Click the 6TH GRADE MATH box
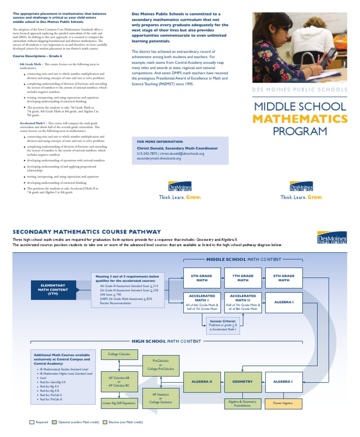pos(202,278)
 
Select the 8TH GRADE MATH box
pos(284,278)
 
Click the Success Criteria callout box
pos(223,325)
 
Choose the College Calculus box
pos(119,354)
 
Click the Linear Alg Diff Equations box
pos(119,403)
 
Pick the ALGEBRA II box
pos(202,382)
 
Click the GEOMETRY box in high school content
pos(243,382)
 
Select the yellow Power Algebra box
pos(283,403)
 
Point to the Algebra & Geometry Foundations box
pos(242,403)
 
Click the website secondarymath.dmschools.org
pos(159,158)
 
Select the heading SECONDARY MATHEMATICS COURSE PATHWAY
pos(86,232)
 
